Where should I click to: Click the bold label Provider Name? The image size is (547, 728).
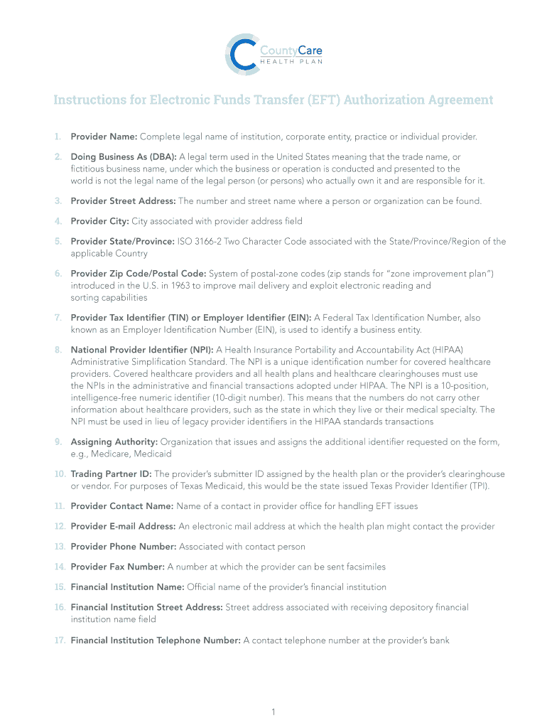pyautogui.click(x=104, y=136)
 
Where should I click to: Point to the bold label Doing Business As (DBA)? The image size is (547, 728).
pyautogui.click(x=124, y=156)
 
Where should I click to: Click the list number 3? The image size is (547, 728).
pyautogui.click(x=58, y=201)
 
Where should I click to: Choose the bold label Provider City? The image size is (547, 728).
pyautogui.click(x=99, y=221)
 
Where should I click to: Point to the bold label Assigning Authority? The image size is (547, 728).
pyautogui.click(x=114, y=442)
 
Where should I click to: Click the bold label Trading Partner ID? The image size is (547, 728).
pyautogui.click(x=111, y=474)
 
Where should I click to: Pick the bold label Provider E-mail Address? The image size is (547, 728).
pyautogui.click(x=123, y=527)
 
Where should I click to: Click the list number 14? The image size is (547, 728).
pyautogui.click(x=60, y=567)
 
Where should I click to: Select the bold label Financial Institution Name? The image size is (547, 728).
pyautogui.click(x=127, y=587)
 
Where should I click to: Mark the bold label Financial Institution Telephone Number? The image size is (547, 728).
pyautogui.click(x=156, y=641)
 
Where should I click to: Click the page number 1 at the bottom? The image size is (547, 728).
pyautogui.click(x=273, y=712)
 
